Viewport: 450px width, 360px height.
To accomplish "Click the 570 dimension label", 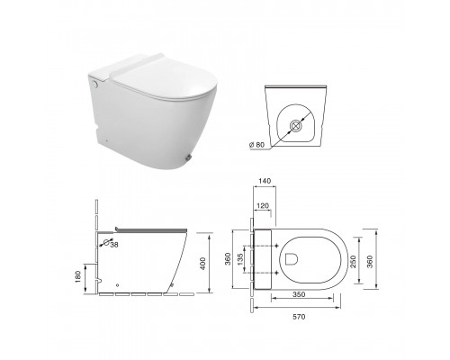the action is tap(299, 317).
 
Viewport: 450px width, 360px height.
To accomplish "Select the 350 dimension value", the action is tap(299, 294).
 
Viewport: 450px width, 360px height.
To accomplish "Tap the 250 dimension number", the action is tap(353, 262).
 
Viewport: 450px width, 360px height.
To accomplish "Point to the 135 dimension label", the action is tap(240, 260).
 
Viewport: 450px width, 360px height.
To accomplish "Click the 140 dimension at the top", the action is tap(265, 181).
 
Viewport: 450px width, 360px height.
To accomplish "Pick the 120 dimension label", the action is tap(263, 206).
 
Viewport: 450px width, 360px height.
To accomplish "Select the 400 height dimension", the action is tap(203, 264).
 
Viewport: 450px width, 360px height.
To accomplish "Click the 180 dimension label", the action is tap(78, 277).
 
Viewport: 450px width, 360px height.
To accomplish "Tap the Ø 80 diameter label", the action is tap(256, 145).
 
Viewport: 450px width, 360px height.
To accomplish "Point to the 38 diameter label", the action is tap(114, 245).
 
